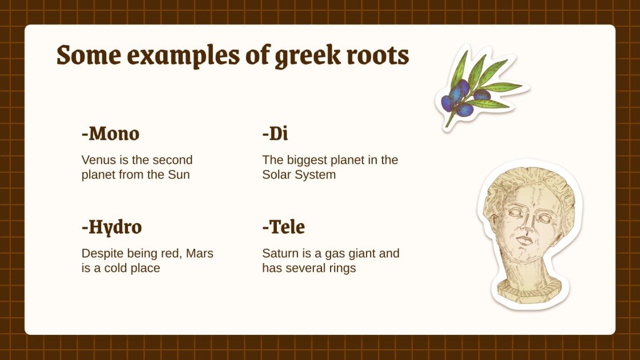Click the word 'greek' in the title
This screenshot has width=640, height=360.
pyautogui.click(x=303, y=56)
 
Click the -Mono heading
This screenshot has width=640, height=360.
pyautogui.click(x=110, y=134)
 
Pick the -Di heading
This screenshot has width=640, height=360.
pyautogui.click(x=275, y=134)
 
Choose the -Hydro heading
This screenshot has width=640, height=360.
pyautogui.click(x=112, y=227)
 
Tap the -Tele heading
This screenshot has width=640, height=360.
pyautogui.click(x=284, y=227)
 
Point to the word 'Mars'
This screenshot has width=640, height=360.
pyautogui.click(x=200, y=253)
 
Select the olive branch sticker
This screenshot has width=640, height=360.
pyautogui.click(x=479, y=87)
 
